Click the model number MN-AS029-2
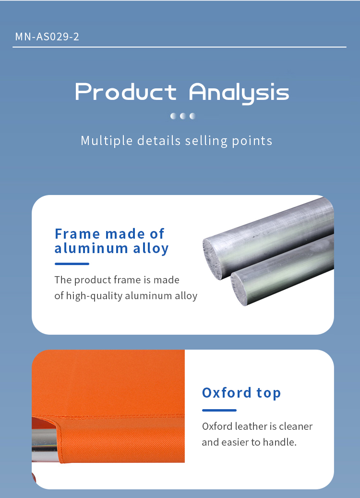coord(47,36)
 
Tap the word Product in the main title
coord(126,92)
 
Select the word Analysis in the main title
coord(239,93)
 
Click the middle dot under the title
coord(183,116)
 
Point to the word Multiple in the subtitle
coord(107,141)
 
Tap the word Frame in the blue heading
coord(77,234)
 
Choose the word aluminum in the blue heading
coord(91,248)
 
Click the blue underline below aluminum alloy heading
coord(72,264)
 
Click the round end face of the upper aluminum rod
coord(212,259)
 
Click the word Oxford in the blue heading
coord(227,392)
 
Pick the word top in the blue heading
coord(269,393)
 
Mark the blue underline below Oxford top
coord(219,410)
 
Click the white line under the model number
coord(180,47)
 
